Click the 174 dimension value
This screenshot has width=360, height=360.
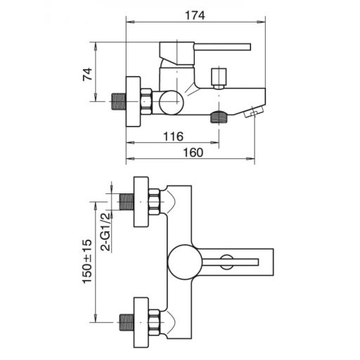[x=195, y=15]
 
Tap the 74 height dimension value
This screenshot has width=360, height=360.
[x=87, y=75]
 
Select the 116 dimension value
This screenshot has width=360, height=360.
[x=173, y=136]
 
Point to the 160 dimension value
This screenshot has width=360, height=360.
[x=193, y=153]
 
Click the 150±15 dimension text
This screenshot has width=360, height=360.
[x=87, y=262]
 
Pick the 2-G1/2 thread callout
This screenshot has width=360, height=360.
[x=105, y=232]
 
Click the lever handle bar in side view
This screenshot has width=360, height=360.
[x=222, y=47]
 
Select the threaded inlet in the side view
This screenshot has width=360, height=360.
[x=118, y=101]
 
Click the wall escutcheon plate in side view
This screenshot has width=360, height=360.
[x=134, y=101]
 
